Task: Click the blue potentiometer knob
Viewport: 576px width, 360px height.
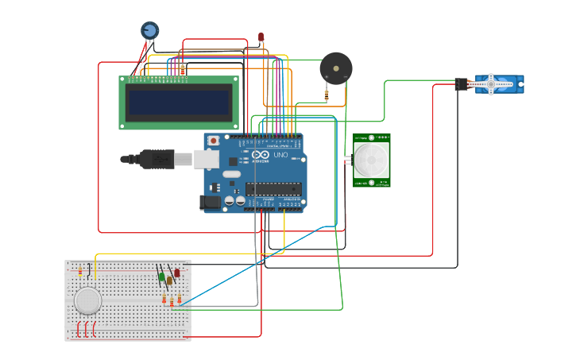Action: [x=149, y=30]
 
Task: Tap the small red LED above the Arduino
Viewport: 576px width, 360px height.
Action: [x=261, y=37]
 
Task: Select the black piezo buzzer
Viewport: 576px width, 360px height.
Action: [x=335, y=68]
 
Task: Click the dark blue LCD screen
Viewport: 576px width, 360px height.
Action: [x=179, y=102]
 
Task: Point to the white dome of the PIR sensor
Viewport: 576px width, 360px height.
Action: [x=371, y=160]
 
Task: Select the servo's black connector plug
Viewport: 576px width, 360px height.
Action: [x=462, y=84]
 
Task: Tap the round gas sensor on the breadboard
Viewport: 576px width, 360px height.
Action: [x=87, y=300]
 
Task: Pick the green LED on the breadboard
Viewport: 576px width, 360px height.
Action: [x=161, y=277]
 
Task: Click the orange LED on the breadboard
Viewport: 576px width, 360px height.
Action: [x=169, y=280]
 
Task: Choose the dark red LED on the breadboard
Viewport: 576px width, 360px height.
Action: [x=176, y=273]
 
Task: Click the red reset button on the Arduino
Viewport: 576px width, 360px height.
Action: [x=213, y=141]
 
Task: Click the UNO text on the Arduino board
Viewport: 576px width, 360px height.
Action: [x=280, y=155]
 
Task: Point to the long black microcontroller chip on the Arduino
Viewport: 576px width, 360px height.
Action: [x=273, y=188]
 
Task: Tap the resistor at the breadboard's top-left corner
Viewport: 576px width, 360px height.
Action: [x=79, y=272]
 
